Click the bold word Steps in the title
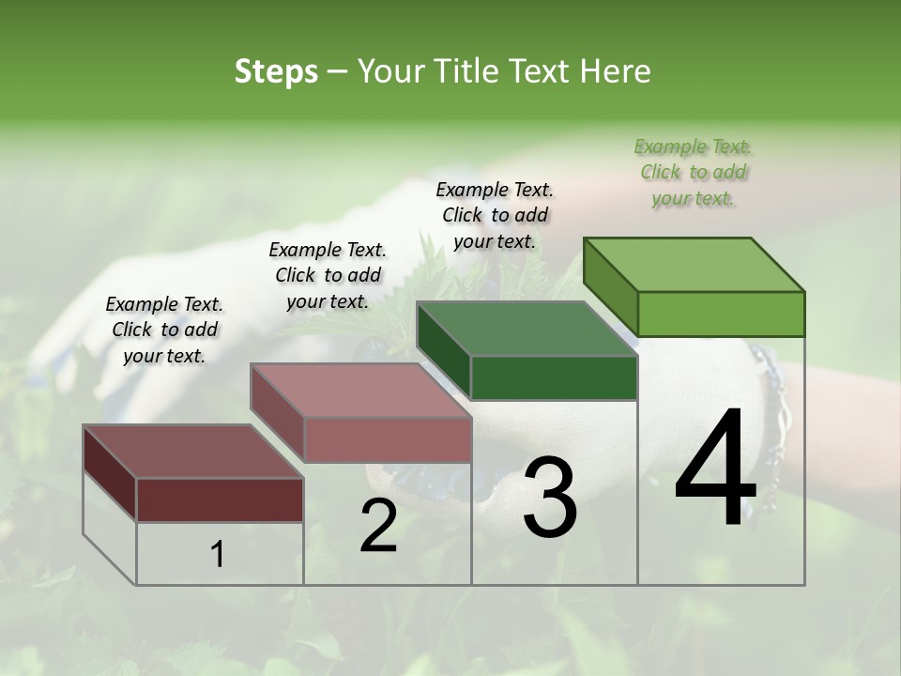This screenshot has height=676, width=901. coord(276,71)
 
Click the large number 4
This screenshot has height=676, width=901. coord(715,470)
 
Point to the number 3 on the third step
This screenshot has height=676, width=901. coord(549,498)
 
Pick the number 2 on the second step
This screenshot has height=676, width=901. coord(378,526)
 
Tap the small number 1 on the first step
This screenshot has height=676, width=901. coord(218,555)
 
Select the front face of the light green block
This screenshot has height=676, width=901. coord(721,314)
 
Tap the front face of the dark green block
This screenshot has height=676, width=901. coord(554,377)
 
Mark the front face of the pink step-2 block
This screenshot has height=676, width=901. coord(388,439)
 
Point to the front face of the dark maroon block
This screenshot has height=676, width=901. coord(220,499)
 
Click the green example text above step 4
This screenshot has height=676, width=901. coord(693,172)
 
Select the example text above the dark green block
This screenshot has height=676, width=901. coord(495,215)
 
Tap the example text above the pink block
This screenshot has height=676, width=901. coord(328,275)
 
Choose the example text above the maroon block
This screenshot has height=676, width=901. coord(164,330)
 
